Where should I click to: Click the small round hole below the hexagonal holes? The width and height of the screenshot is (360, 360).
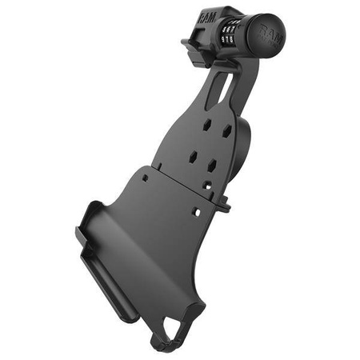click(x=206, y=186)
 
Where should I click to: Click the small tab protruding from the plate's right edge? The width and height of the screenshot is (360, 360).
click(x=225, y=206)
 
